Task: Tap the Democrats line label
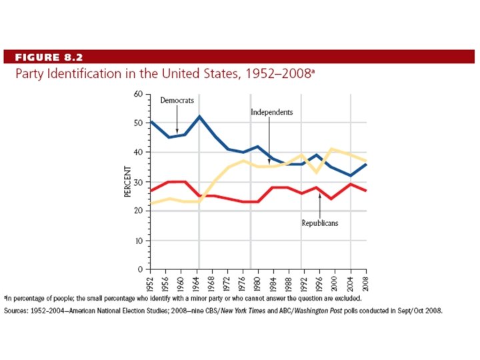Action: point(177,100)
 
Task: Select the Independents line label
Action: point(271,112)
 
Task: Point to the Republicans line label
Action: point(320,223)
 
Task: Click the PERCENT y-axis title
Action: point(127,181)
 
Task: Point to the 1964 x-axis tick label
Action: point(199,283)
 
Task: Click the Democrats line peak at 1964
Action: point(199,117)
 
